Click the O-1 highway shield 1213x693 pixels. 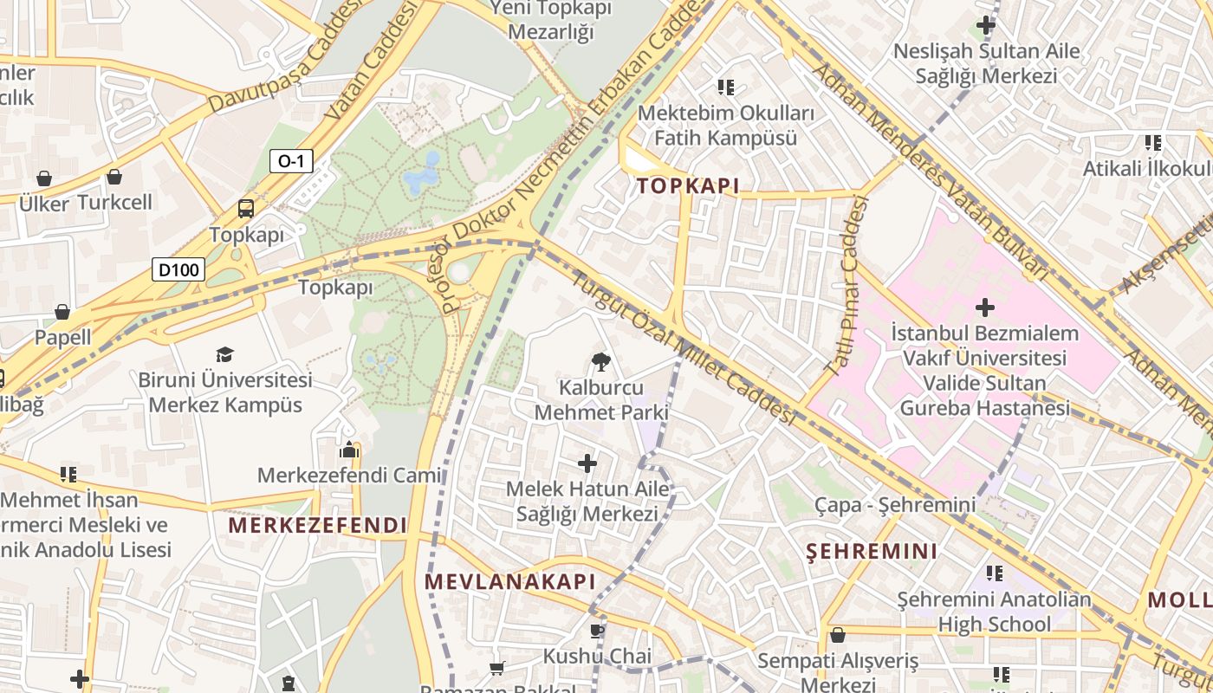tap(291, 161)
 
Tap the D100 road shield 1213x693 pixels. tap(179, 269)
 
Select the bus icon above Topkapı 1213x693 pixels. tap(246, 209)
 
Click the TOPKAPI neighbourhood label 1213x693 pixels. tap(688, 185)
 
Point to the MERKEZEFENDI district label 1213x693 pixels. tap(317, 525)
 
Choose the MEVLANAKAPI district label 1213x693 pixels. tap(510, 581)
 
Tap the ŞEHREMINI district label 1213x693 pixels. tap(872, 551)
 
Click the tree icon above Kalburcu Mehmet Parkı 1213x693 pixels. tap(600, 362)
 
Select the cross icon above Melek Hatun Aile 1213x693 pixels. tap(587, 463)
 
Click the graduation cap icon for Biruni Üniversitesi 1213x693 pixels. tap(225, 354)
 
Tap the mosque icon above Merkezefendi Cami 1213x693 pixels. tap(349, 450)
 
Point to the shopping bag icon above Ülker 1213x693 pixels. tap(43, 178)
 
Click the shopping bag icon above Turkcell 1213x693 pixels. tap(114, 177)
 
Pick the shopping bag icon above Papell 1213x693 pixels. tap(62, 312)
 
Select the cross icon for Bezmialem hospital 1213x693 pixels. tap(984, 308)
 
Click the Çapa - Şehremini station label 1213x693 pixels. tap(895, 504)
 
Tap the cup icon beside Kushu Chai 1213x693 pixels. tap(596, 631)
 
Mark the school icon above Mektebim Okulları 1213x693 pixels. tap(726, 87)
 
